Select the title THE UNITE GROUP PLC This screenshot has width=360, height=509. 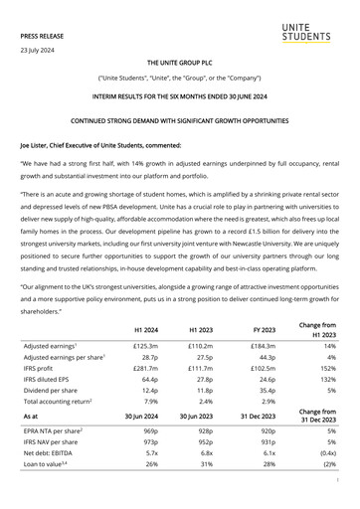[179, 62]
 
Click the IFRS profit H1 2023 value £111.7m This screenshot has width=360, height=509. [206, 366]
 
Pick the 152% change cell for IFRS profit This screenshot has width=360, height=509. [325, 366]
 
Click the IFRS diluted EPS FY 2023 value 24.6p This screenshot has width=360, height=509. [266, 378]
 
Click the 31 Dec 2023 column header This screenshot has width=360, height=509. [265, 417]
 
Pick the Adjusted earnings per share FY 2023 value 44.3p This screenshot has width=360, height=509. [266, 354]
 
